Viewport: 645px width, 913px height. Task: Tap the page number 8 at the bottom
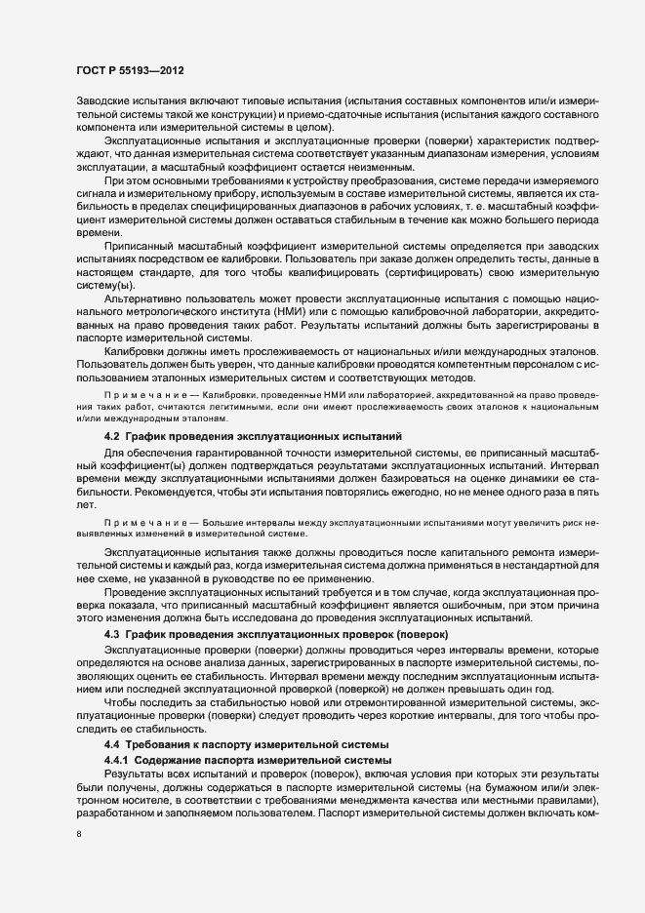point(79,835)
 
